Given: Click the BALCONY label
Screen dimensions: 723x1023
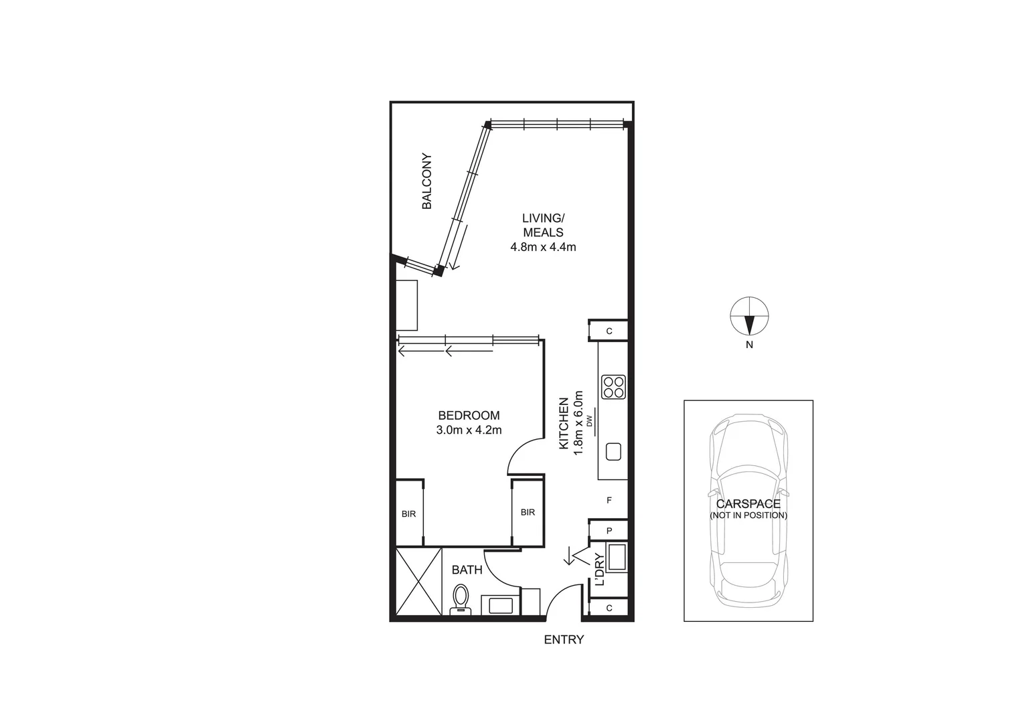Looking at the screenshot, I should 426,182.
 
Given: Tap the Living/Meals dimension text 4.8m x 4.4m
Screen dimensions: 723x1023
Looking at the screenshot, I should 543,247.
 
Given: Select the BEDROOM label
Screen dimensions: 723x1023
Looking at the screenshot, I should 469,416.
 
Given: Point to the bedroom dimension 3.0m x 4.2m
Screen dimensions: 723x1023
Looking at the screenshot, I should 469,430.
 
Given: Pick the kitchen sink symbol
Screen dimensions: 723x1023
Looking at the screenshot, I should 613,452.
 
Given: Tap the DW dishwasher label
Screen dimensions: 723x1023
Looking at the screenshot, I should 590,421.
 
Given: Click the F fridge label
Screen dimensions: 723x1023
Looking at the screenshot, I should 609,500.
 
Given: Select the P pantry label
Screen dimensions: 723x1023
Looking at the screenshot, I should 609,531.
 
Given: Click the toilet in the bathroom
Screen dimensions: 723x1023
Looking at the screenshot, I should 461,598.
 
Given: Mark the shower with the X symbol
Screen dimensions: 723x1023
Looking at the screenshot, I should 418,581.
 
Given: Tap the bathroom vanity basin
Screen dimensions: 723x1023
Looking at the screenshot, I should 501,605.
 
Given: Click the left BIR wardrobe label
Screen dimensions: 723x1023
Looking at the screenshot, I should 408,514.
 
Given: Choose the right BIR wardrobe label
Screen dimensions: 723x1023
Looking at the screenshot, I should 528,513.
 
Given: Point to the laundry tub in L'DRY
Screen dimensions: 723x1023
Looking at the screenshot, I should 616,558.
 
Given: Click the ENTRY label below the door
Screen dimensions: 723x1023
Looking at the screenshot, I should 564,640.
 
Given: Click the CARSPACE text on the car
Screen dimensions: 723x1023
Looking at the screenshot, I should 748,504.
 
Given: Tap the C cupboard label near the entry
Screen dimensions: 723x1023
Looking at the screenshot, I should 609,608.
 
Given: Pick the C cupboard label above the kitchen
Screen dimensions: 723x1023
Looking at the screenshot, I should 609,331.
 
